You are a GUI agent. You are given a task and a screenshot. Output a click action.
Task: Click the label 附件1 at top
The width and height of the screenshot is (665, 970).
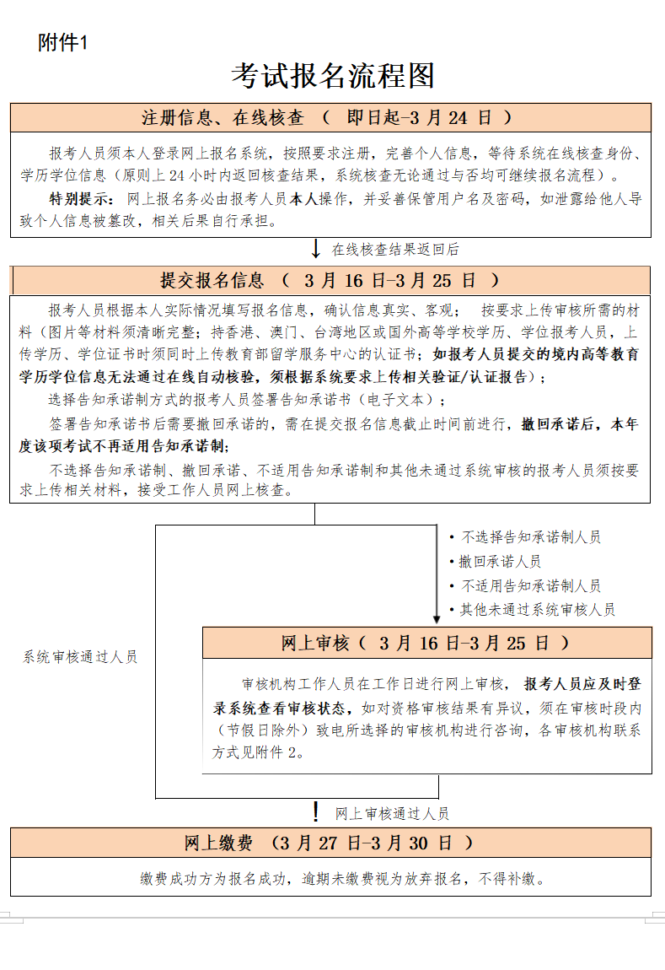[62, 43]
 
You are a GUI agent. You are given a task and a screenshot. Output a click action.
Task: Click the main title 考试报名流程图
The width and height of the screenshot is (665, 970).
[333, 76]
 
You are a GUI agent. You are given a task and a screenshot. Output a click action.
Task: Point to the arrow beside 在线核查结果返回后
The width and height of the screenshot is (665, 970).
[316, 249]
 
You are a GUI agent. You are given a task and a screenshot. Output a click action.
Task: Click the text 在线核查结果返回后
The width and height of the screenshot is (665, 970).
[394, 250]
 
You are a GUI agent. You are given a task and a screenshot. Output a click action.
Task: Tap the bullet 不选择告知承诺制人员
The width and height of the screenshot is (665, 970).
[530, 537]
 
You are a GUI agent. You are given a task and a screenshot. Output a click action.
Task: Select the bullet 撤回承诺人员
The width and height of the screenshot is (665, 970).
[500, 561]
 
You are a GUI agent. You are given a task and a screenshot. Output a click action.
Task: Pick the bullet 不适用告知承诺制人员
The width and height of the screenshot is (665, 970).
[530, 585]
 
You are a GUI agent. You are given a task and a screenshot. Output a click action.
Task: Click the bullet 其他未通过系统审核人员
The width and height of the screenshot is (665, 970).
[537, 609]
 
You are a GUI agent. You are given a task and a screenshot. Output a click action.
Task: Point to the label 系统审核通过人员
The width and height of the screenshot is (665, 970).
[80, 657]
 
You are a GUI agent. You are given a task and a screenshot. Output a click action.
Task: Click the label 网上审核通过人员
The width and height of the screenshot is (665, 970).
[392, 814]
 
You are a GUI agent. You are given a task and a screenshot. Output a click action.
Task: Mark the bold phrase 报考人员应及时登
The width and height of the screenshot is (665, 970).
[582, 683]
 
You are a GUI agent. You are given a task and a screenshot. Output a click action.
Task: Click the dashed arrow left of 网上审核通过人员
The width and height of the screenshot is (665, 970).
[316, 812]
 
